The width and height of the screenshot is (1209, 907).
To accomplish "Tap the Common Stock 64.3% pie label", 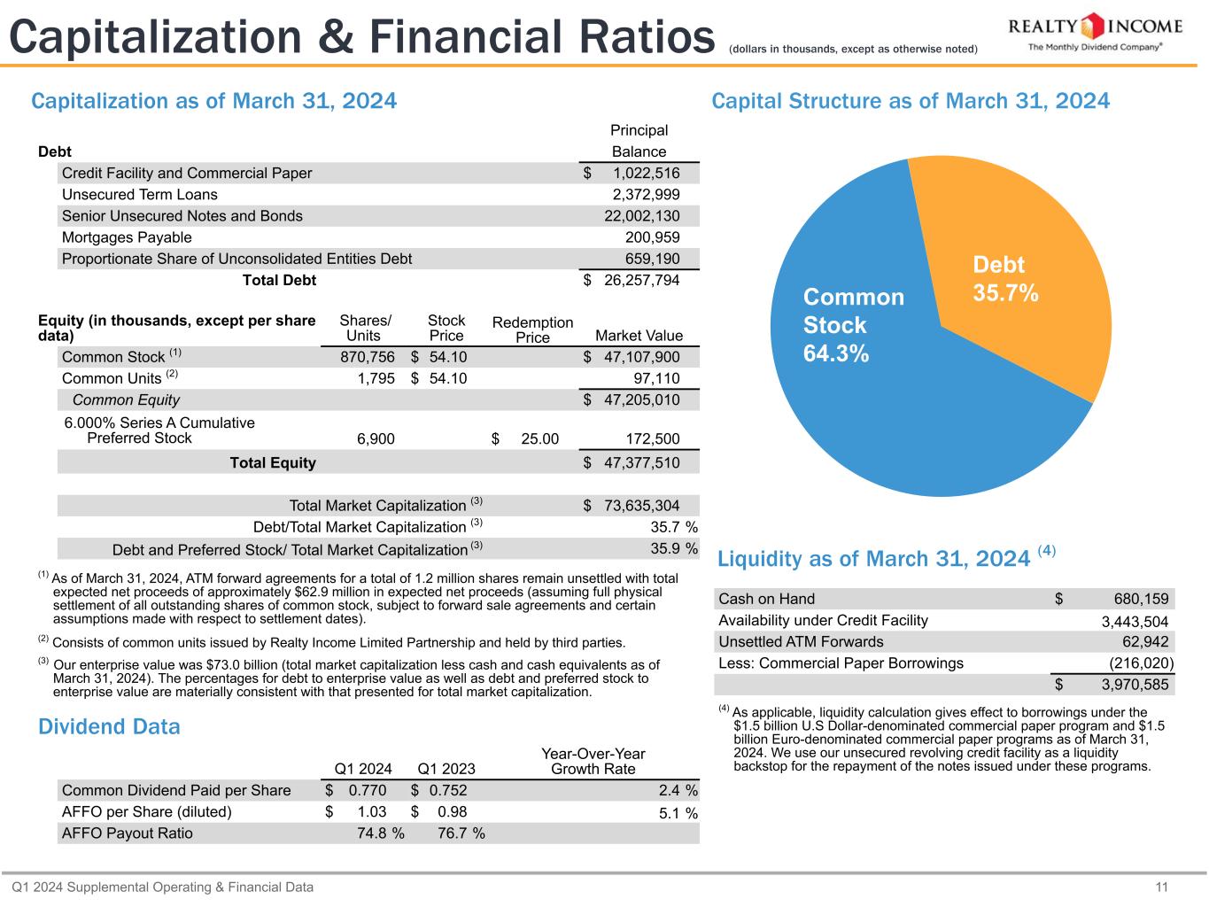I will coord(853,324).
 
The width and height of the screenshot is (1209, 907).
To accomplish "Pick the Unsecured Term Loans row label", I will coord(139,194).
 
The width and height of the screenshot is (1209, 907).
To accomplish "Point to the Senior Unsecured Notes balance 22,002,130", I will coord(642,216).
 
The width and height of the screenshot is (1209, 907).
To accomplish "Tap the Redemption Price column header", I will coord(532,329).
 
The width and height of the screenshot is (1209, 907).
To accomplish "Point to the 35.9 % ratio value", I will coord(674,548).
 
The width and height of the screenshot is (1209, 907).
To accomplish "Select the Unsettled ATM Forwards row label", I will coord(801,641).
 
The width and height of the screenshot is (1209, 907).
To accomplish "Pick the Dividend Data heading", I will coord(109,727).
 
